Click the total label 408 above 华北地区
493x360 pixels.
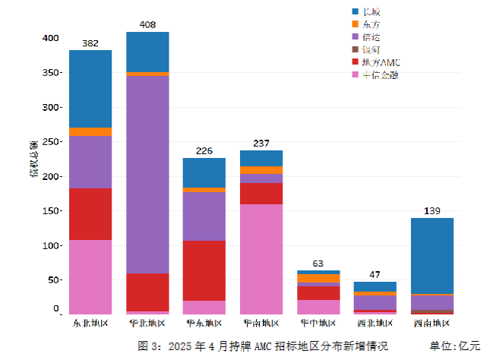coord(147,25)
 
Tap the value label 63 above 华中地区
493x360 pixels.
coord(318,264)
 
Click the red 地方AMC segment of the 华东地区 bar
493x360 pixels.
coord(204,270)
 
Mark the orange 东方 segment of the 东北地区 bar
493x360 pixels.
coord(90,131)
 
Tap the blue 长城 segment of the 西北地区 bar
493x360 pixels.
coord(374,286)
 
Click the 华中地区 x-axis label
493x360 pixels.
coord(318,323)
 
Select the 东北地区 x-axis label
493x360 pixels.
coord(90,323)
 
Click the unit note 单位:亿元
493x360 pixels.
coord(455,346)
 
